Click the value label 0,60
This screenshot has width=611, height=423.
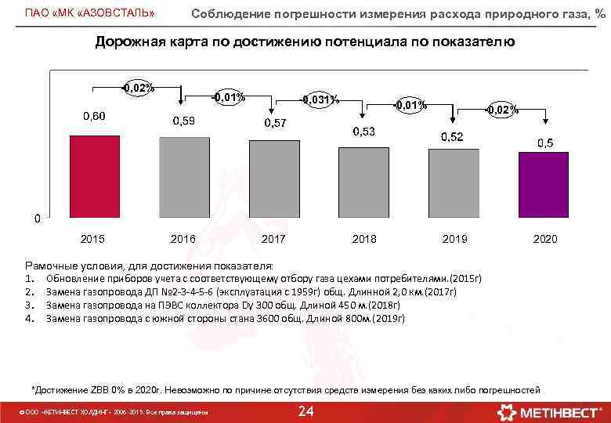pyautogui.click(x=95, y=116)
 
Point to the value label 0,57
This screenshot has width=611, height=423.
pyautogui.click(x=275, y=123)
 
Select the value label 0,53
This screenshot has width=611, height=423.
pyautogui.click(x=363, y=132)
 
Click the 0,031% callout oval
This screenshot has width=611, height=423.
pyautogui.click(x=320, y=99)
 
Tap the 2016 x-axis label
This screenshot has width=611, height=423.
pyautogui.click(x=183, y=238)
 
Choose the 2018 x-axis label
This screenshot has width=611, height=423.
pyautogui.click(x=364, y=238)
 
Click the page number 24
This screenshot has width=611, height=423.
pyautogui.click(x=307, y=411)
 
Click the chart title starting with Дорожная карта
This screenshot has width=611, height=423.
pyautogui.click(x=305, y=42)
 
